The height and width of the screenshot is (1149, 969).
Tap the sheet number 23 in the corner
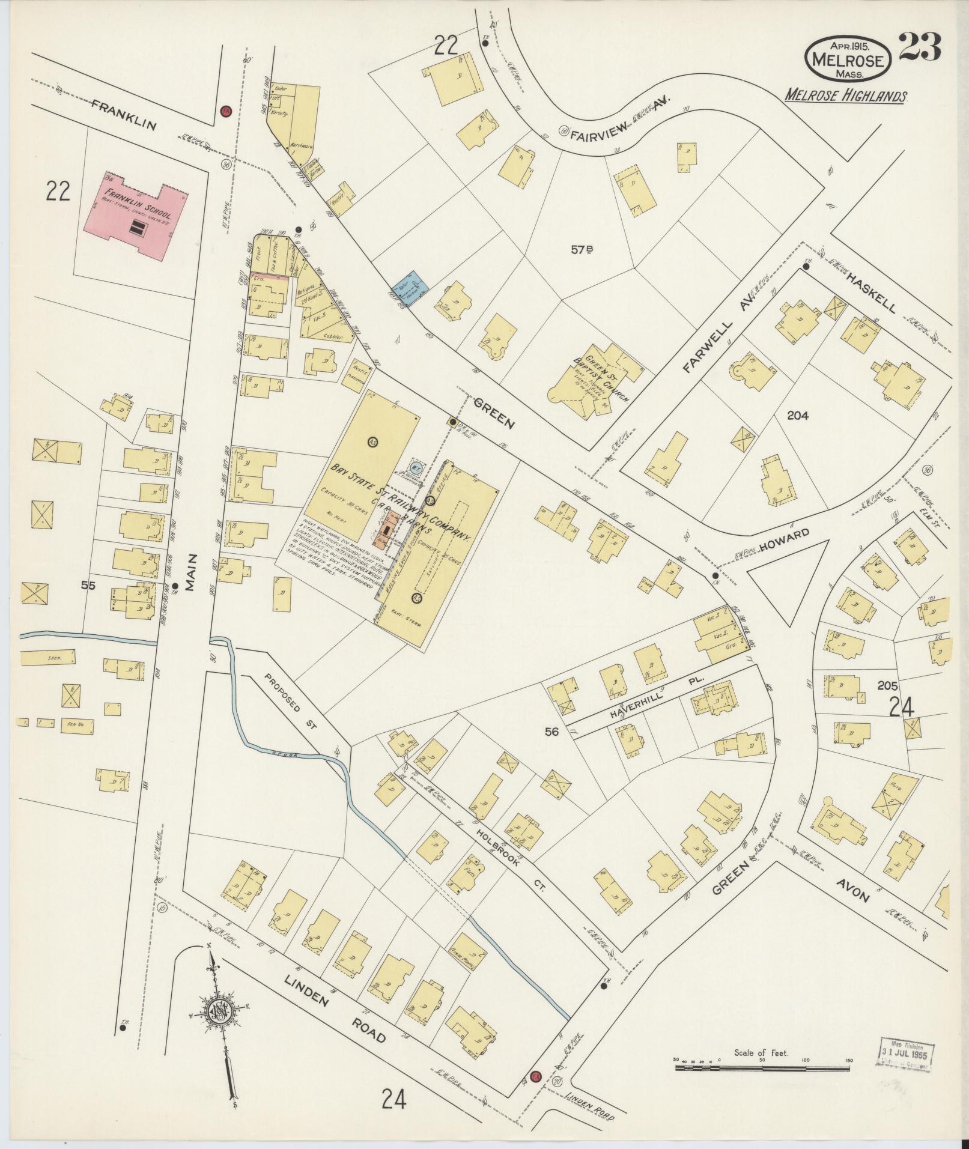pos(919,47)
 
